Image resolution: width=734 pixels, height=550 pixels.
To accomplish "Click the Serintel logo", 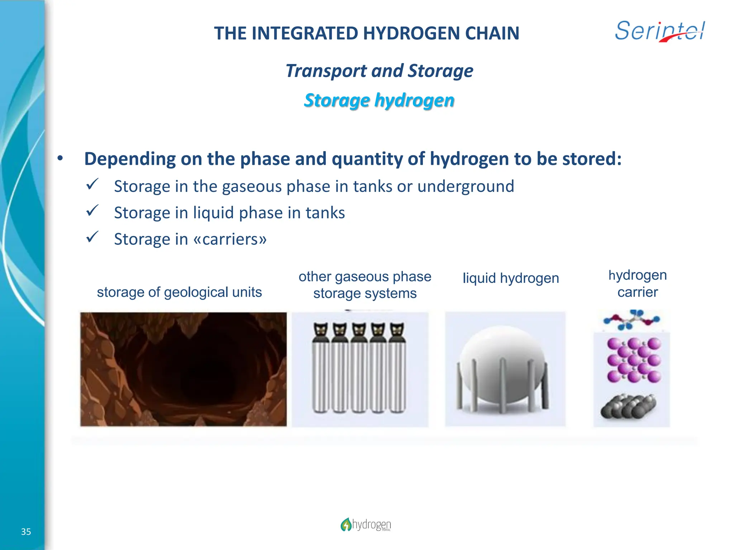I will pyautogui.click(x=660, y=31).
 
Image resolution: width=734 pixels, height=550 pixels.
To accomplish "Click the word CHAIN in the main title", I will pyautogui.click(x=492, y=33).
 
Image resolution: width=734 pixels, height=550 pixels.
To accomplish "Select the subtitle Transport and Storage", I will pyautogui.click(x=379, y=71).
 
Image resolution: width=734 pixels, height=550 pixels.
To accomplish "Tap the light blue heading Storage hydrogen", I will pyautogui.click(x=379, y=100).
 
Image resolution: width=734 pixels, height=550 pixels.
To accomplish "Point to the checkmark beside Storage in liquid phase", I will pyautogui.click(x=92, y=211).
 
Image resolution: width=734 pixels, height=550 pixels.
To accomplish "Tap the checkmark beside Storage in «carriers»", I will pyautogui.click(x=92, y=237).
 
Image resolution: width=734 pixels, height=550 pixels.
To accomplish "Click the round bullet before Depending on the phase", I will pyautogui.click(x=60, y=158).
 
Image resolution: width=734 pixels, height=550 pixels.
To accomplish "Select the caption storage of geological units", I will pyautogui.click(x=179, y=292).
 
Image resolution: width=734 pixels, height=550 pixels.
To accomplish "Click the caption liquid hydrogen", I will pyautogui.click(x=511, y=278).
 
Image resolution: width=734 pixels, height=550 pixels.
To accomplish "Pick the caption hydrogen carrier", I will pyautogui.click(x=638, y=284).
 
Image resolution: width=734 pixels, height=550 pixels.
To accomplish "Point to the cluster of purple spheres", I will pyautogui.click(x=634, y=360).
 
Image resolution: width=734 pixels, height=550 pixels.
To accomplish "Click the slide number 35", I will pyautogui.click(x=26, y=532).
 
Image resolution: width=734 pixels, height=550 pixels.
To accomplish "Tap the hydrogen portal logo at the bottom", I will pyautogui.click(x=366, y=525).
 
